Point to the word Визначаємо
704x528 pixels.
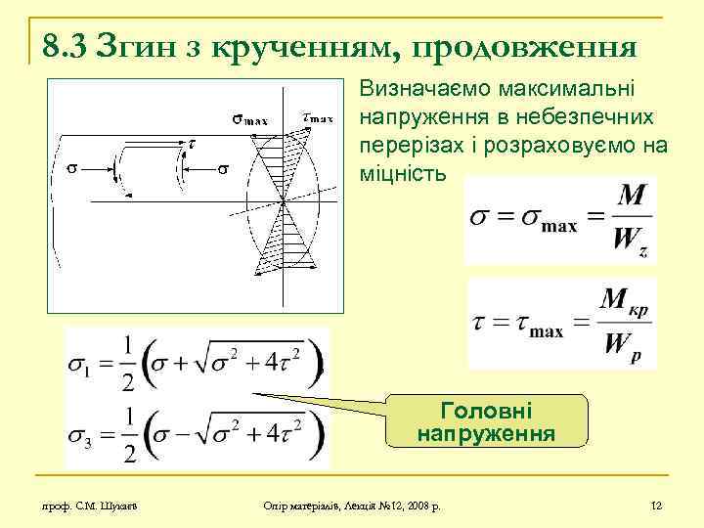pos(428,91)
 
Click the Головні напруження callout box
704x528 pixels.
pos(486,420)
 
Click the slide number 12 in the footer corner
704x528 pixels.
pos(656,506)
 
